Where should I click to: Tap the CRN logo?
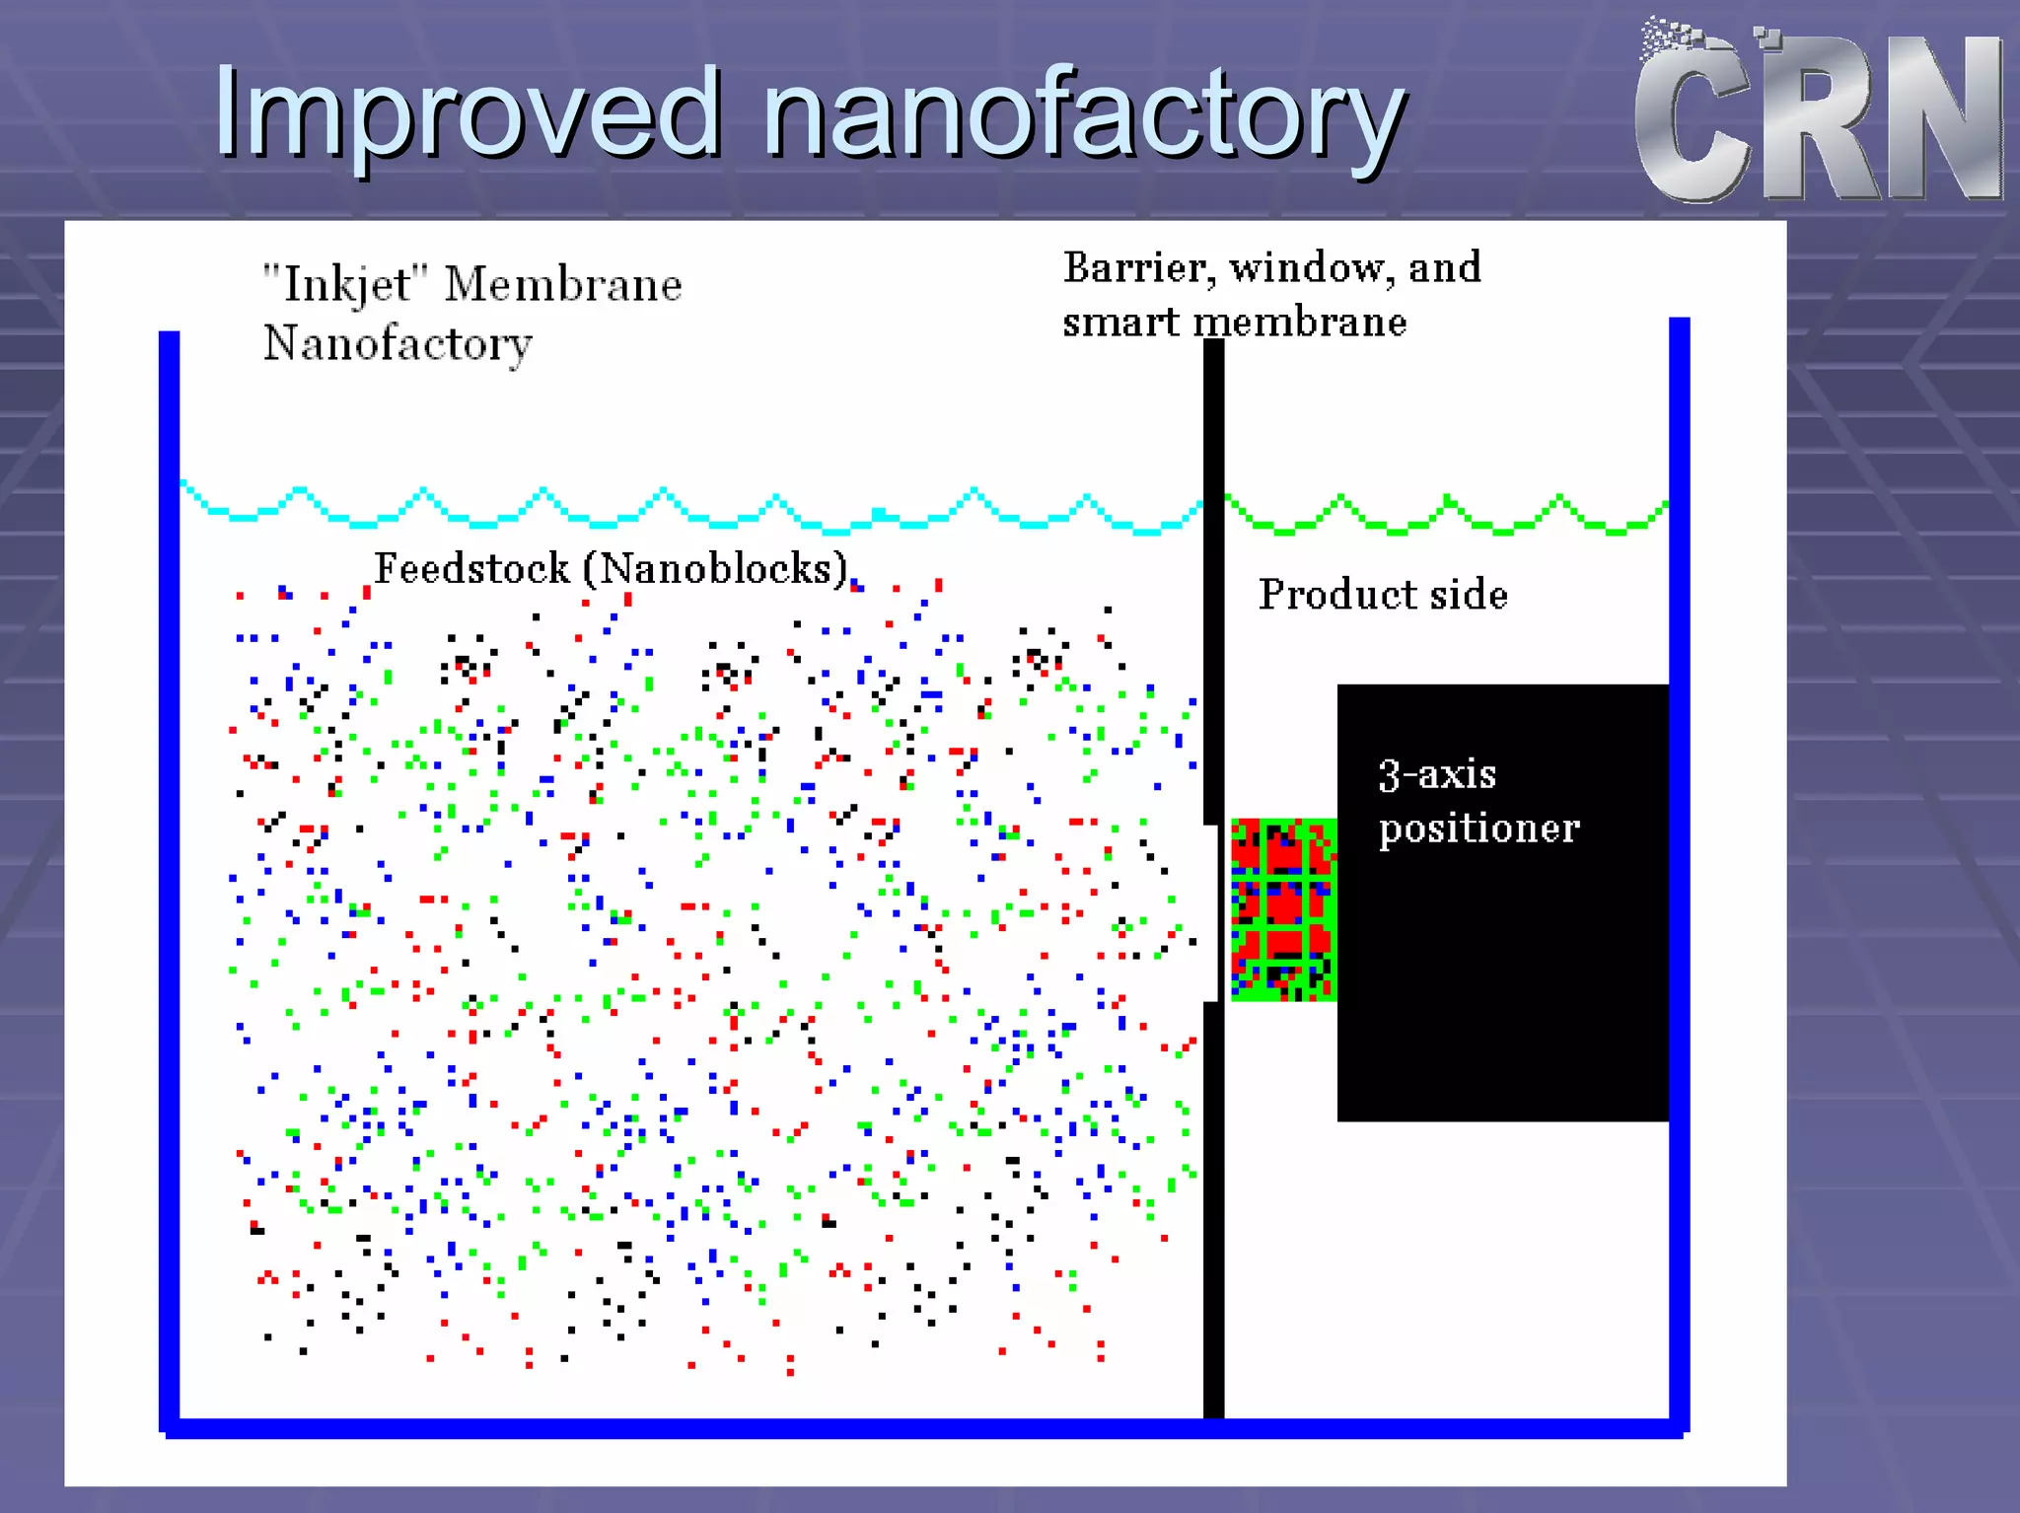pos(1820,113)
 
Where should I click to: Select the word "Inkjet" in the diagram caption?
pos(345,285)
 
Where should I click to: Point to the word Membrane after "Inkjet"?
pos(562,285)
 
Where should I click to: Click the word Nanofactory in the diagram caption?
pos(397,344)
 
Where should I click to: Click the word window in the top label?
pos(1312,268)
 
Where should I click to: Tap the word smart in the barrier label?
pos(1119,323)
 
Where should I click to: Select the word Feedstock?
pos(471,569)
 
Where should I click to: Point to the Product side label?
pos(1383,595)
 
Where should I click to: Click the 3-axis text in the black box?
pos(1437,775)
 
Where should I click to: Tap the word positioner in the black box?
pos(1479,829)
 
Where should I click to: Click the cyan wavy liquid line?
pos(690,508)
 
